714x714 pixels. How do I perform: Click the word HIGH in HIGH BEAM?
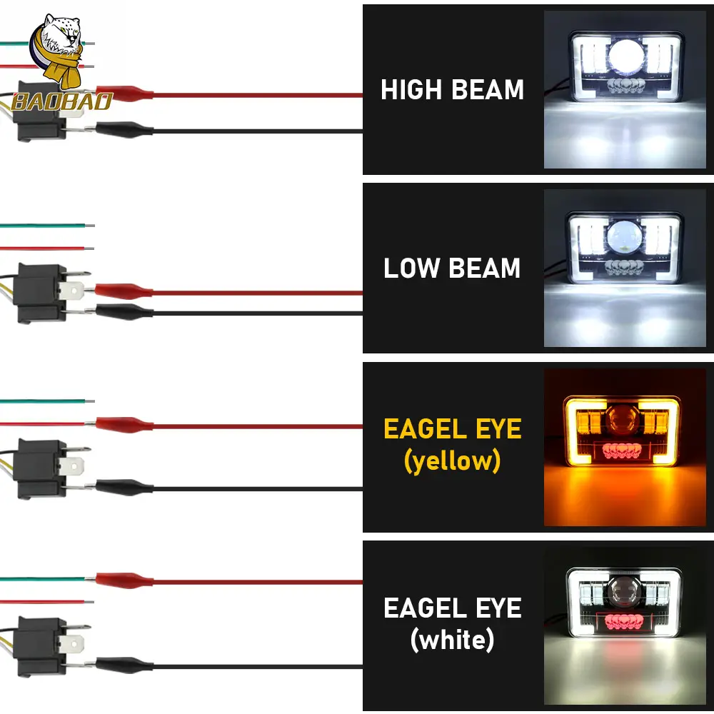coord(411,89)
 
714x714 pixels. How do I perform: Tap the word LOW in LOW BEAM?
coord(411,268)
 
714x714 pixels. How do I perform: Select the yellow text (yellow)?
coord(452,461)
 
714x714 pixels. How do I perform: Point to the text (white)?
coord(452,640)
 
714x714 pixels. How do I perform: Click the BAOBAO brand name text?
coord(62,102)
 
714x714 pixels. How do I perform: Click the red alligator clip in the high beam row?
coord(124,94)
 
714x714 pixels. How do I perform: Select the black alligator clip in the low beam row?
coord(124,312)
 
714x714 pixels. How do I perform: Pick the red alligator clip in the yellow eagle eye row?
coord(124,425)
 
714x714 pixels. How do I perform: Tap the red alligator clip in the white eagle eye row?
coord(124,580)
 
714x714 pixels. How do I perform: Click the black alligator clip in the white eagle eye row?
coord(124,665)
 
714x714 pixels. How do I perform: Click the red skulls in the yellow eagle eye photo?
coord(622,451)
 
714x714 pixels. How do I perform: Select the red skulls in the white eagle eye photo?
coord(623,622)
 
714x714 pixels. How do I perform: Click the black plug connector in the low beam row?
coord(40,293)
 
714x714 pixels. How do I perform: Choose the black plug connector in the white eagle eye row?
coord(40,647)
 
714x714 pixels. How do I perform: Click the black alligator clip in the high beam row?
coord(124,130)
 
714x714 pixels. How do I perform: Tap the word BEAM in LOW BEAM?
coord(484,268)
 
